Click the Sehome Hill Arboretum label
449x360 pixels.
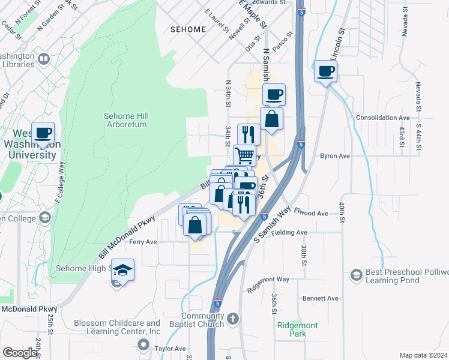pos(125,120)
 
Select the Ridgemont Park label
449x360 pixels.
pos(298,329)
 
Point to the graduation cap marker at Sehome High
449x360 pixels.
pos(122,271)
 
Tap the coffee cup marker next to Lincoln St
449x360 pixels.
pos(325,71)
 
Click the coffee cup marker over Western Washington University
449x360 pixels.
pos(43,133)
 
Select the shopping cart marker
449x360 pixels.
pos(244,155)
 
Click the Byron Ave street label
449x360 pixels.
pos(334,155)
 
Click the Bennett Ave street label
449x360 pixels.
pos(321,298)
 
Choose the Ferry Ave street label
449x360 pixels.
pos(143,242)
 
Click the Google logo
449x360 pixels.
pos(20,353)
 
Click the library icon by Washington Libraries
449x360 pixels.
pos(43,59)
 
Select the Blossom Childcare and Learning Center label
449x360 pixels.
pos(118,327)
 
